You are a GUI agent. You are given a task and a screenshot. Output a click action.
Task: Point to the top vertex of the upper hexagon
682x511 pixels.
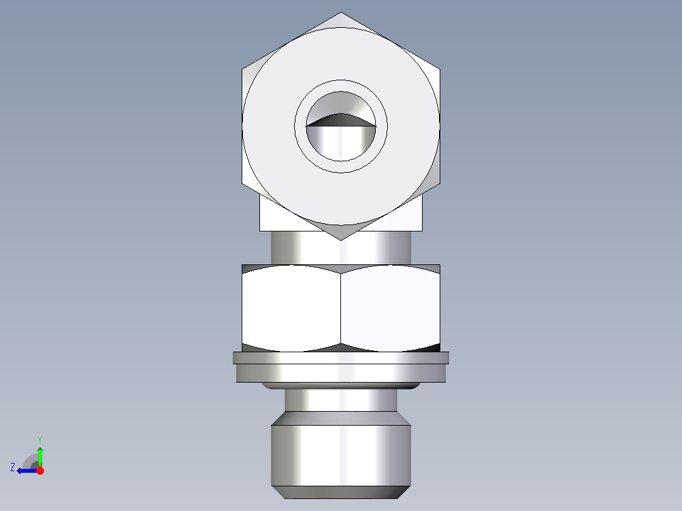coord(341,13)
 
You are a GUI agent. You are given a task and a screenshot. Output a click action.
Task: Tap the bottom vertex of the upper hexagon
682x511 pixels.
coord(341,239)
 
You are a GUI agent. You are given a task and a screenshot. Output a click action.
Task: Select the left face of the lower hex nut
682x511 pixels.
coord(292,308)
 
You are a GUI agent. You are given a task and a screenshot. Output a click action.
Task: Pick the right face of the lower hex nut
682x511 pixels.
coord(390,308)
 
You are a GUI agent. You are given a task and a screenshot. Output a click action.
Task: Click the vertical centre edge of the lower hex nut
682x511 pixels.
coord(341,308)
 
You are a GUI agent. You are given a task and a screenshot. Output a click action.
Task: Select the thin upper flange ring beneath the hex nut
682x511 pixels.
coord(341,358)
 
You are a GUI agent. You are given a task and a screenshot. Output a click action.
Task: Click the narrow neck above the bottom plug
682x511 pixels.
coord(341,400)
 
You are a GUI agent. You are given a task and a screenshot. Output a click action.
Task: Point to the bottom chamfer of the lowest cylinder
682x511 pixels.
coord(341,492)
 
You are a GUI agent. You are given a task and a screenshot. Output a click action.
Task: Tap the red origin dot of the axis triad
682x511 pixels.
coord(40,471)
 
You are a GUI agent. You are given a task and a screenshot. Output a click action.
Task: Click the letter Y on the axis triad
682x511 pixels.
coord(39,439)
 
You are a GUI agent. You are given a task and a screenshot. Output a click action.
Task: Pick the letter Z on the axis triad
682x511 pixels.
coord(12,467)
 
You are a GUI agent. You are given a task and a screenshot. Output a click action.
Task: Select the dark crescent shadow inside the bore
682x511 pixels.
coord(341,120)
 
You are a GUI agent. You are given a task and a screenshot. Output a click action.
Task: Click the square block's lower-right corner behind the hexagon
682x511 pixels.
coord(421,230)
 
